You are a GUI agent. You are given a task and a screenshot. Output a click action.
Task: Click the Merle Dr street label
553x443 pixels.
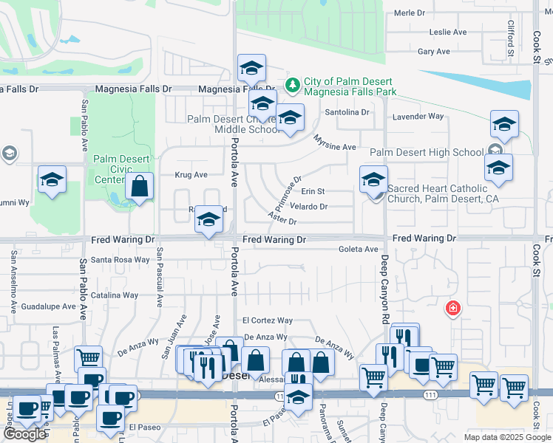[410, 13]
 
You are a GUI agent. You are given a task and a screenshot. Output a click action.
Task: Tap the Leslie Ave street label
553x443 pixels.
[449, 32]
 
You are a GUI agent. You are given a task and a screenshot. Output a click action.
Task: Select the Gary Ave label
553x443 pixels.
[433, 51]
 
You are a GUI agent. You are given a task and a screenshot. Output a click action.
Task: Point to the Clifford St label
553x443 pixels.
[510, 38]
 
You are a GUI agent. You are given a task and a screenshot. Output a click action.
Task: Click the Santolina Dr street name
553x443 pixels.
[347, 111]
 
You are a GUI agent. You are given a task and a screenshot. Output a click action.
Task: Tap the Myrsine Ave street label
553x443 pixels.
[335, 142]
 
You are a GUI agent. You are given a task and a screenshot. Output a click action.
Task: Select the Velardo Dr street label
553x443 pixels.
[308, 207]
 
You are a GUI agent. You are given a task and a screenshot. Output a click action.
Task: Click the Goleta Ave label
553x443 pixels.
[358, 250]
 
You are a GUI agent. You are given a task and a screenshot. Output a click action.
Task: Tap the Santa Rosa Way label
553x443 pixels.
[121, 259]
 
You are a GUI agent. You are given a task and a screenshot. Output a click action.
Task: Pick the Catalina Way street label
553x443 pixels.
[115, 295]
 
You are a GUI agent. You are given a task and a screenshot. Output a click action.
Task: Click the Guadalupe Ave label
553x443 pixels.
[48, 306]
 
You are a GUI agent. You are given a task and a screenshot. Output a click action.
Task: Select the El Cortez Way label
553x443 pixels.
[268, 320]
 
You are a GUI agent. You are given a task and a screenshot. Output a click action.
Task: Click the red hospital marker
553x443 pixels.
[450, 308]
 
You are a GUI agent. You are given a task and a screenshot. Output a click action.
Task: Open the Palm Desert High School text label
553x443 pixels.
[427, 153]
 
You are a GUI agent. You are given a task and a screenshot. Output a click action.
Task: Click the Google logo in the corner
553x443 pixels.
[24, 433]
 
